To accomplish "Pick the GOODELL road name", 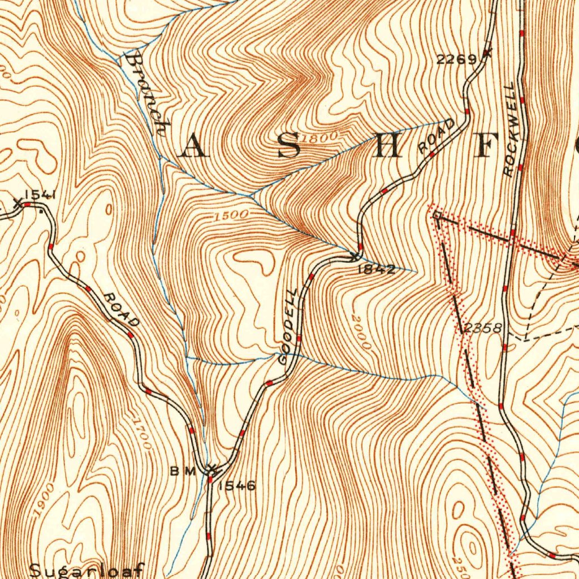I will (x=289, y=326).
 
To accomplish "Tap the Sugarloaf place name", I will (x=87, y=569).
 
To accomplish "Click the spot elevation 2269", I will (x=456, y=59).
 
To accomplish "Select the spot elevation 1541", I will (x=39, y=195).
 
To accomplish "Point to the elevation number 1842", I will (x=376, y=270).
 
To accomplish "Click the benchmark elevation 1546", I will (x=237, y=485).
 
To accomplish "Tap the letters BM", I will (x=183, y=471).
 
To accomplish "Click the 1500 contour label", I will (x=231, y=215).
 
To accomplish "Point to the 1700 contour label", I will (x=141, y=433).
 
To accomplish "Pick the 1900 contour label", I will (x=43, y=499).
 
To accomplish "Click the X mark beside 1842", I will (x=355, y=257).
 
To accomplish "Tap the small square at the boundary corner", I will (x=436, y=215).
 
